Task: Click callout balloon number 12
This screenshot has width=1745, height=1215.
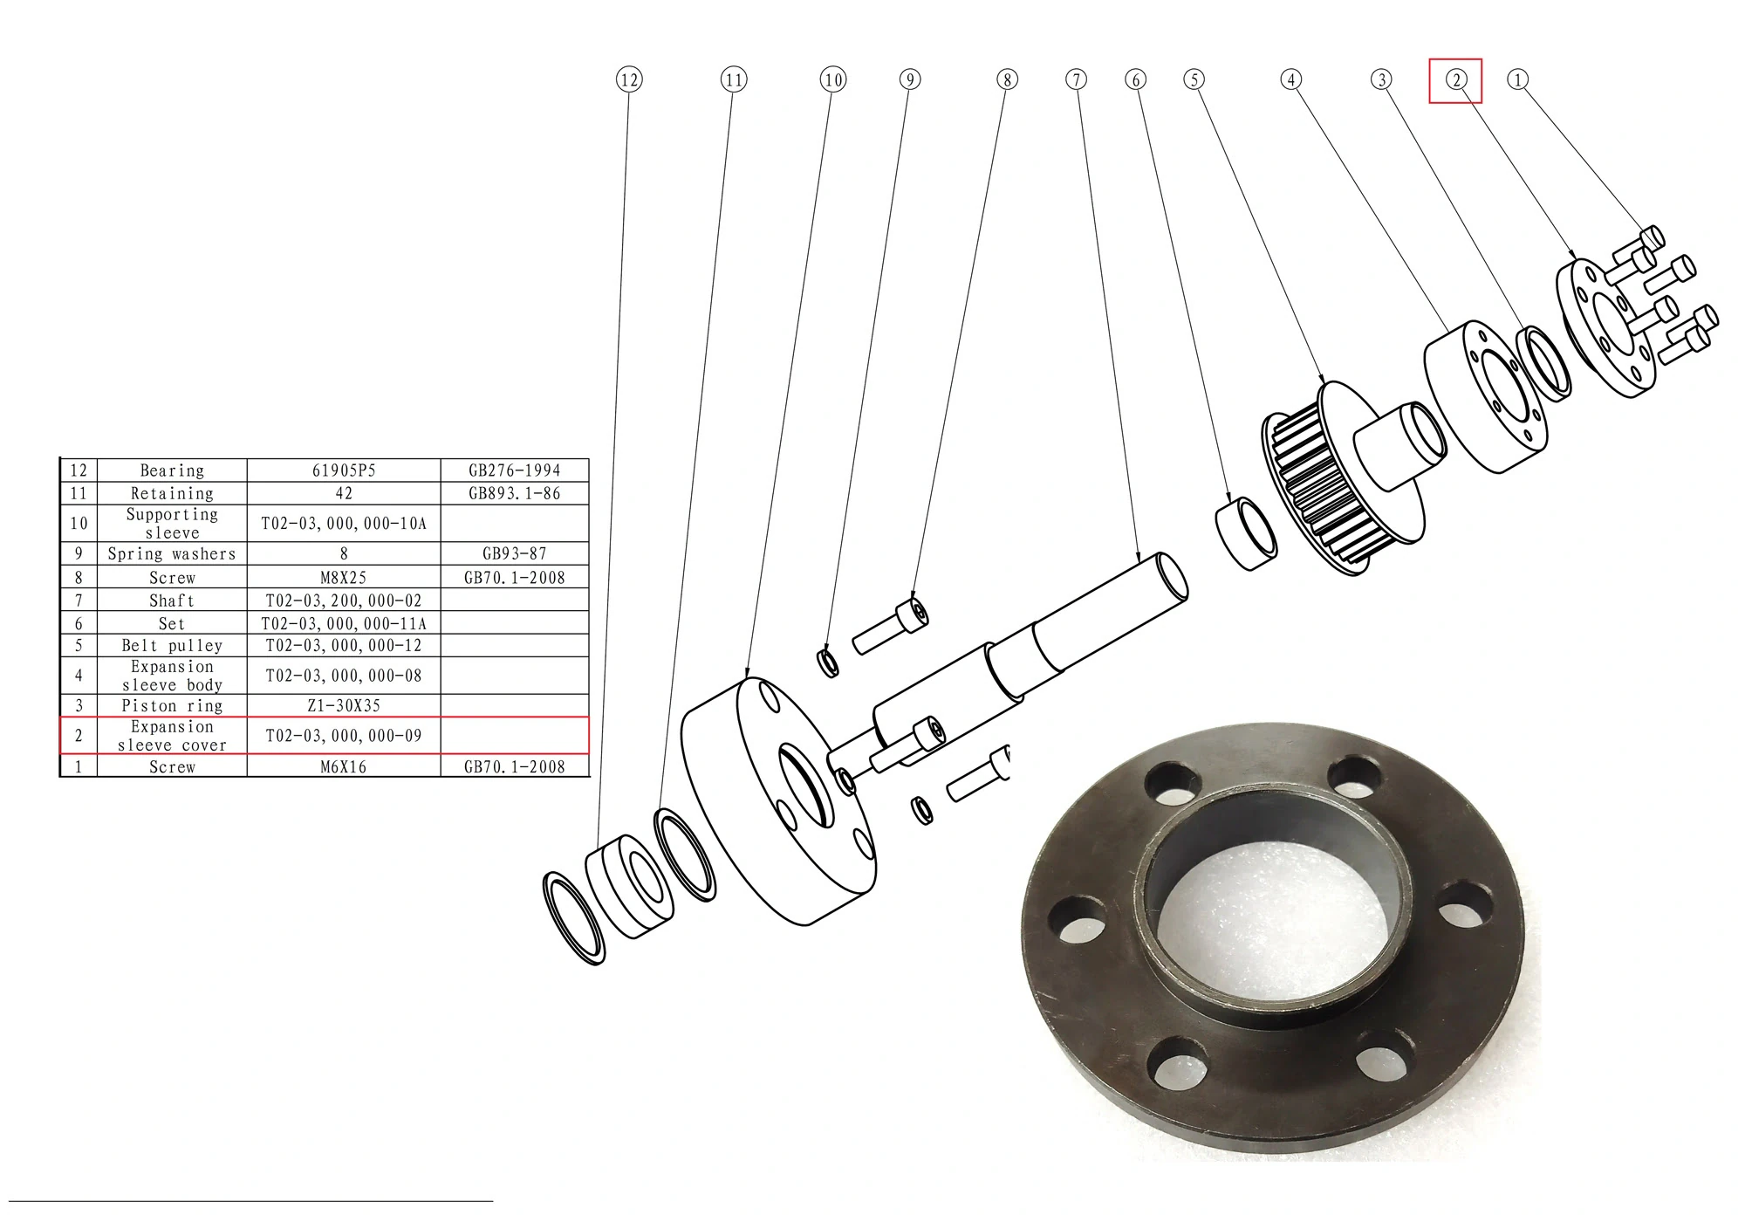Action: [x=629, y=80]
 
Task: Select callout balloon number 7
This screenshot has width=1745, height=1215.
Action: [x=1077, y=80]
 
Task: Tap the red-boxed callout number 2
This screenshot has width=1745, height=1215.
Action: [x=1455, y=80]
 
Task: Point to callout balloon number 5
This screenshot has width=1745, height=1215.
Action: [x=1194, y=80]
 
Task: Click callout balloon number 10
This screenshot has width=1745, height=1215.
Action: [x=833, y=80]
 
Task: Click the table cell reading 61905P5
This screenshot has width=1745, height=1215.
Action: [x=344, y=470]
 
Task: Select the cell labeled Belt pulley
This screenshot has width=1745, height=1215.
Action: [x=172, y=646]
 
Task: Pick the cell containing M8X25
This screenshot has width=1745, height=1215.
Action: [x=344, y=578]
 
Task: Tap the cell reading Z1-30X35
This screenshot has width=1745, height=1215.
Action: [x=344, y=705]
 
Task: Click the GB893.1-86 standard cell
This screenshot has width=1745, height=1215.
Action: [x=515, y=493]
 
